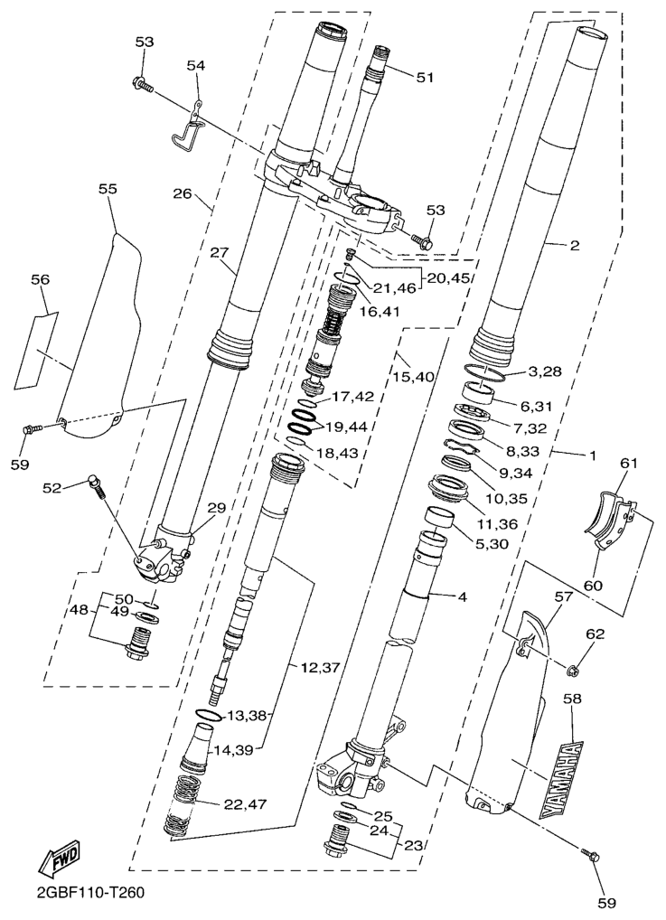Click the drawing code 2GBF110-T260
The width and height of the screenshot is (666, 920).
point(90,892)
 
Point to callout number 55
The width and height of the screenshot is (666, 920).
point(108,189)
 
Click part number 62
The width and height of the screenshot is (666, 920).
point(595,634)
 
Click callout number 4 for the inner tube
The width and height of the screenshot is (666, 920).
point(462,597)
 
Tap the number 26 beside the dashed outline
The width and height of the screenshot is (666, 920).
point(183,192)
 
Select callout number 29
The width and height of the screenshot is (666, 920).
point(216,508)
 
